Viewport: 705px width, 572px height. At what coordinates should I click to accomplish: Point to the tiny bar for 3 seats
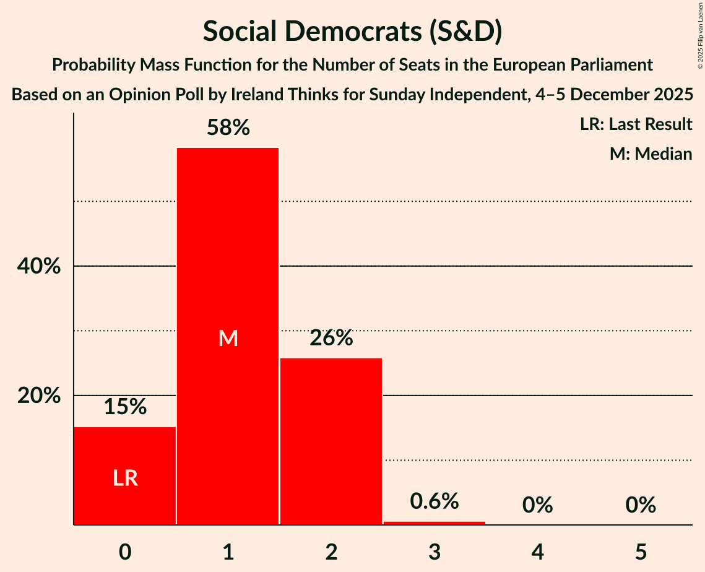click(x=435, y=523)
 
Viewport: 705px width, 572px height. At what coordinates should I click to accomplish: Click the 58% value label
click(x=228, y=128)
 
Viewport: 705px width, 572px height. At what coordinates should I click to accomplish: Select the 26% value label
click(x=331, y=338)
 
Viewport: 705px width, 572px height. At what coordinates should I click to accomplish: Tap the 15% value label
click(x=125, y=407)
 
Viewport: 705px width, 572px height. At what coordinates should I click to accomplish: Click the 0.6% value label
click(x=435, y=501)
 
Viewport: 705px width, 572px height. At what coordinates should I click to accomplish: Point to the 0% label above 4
click(x=537, y=505)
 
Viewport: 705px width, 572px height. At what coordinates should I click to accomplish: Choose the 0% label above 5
click(x=641, y=505)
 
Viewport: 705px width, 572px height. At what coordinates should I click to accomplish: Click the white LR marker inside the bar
click(x=125, y=478)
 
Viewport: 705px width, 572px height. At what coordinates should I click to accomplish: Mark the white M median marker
click(x=228, y=338)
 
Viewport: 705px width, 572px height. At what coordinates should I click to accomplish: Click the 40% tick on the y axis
click(x=39, y=266)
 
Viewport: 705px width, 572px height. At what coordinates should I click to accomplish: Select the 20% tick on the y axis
click(x=39, y=396)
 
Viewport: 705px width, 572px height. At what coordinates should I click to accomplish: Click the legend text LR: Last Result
click(x=636, y=124)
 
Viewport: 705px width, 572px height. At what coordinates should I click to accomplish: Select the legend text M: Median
click(x=651, y=154)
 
